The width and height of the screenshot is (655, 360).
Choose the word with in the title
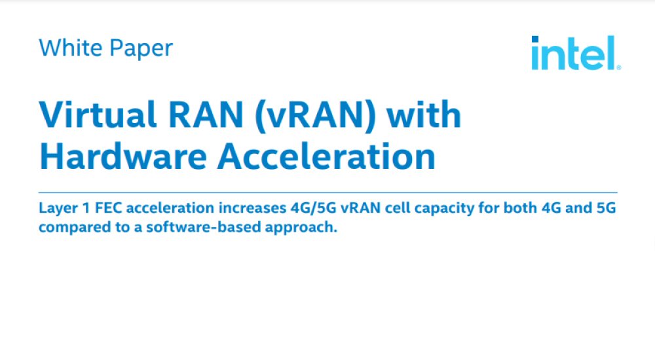coord(424,116)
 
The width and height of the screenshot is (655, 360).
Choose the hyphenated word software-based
coord(187,228)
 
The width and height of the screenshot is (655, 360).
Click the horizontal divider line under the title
coord(327,193)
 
